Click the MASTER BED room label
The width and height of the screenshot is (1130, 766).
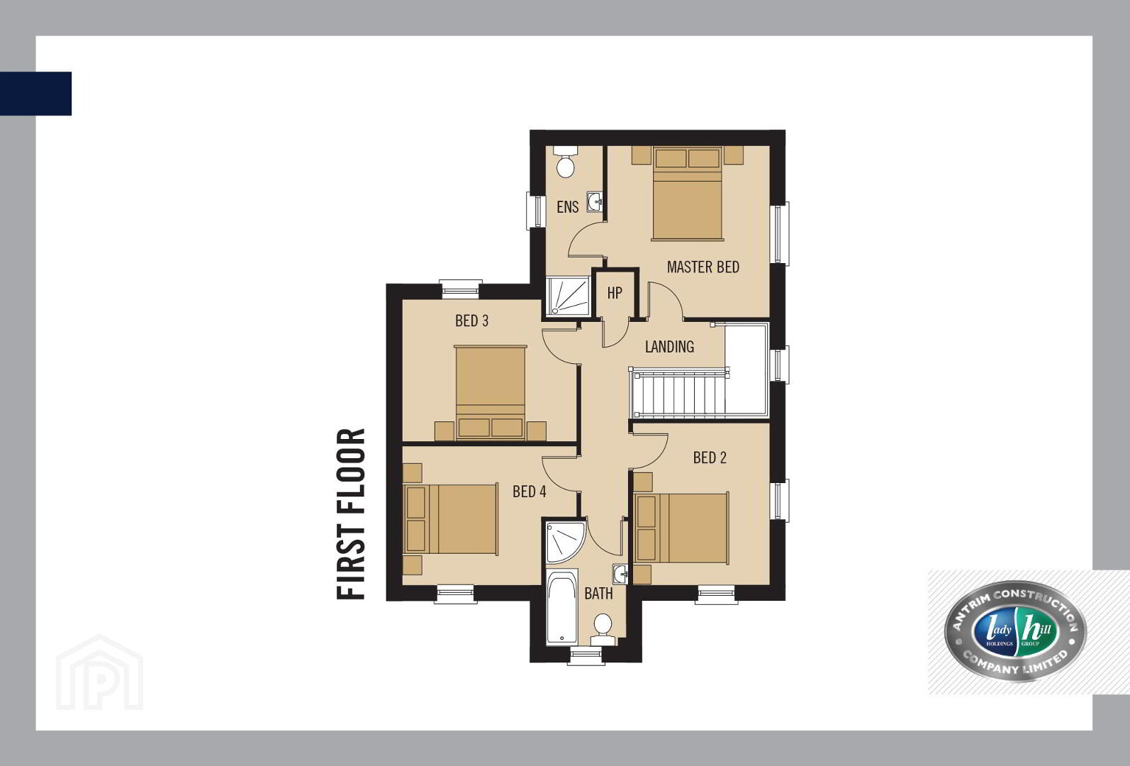tap(703, 267)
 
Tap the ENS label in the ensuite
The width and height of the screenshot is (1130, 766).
tap(568, 207)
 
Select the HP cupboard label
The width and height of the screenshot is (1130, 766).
tap(615, 293)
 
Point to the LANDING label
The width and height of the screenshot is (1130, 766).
tap(669, 347)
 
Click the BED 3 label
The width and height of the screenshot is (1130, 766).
tap(471, 321)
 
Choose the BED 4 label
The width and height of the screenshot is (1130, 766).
tap(529, 492)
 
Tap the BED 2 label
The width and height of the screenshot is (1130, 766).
tap(710, 457)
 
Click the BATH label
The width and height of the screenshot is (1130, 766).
tap(598, 594)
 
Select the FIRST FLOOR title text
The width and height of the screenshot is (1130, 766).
tap(350, 514)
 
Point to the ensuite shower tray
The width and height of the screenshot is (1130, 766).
tap(568, 296)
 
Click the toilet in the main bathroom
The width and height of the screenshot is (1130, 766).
tap(603, 629)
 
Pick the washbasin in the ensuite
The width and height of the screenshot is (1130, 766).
tap(595, 202)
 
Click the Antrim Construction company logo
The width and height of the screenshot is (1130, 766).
tap(1015, 631)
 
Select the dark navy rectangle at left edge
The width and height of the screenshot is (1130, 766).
tap(36, 94)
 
